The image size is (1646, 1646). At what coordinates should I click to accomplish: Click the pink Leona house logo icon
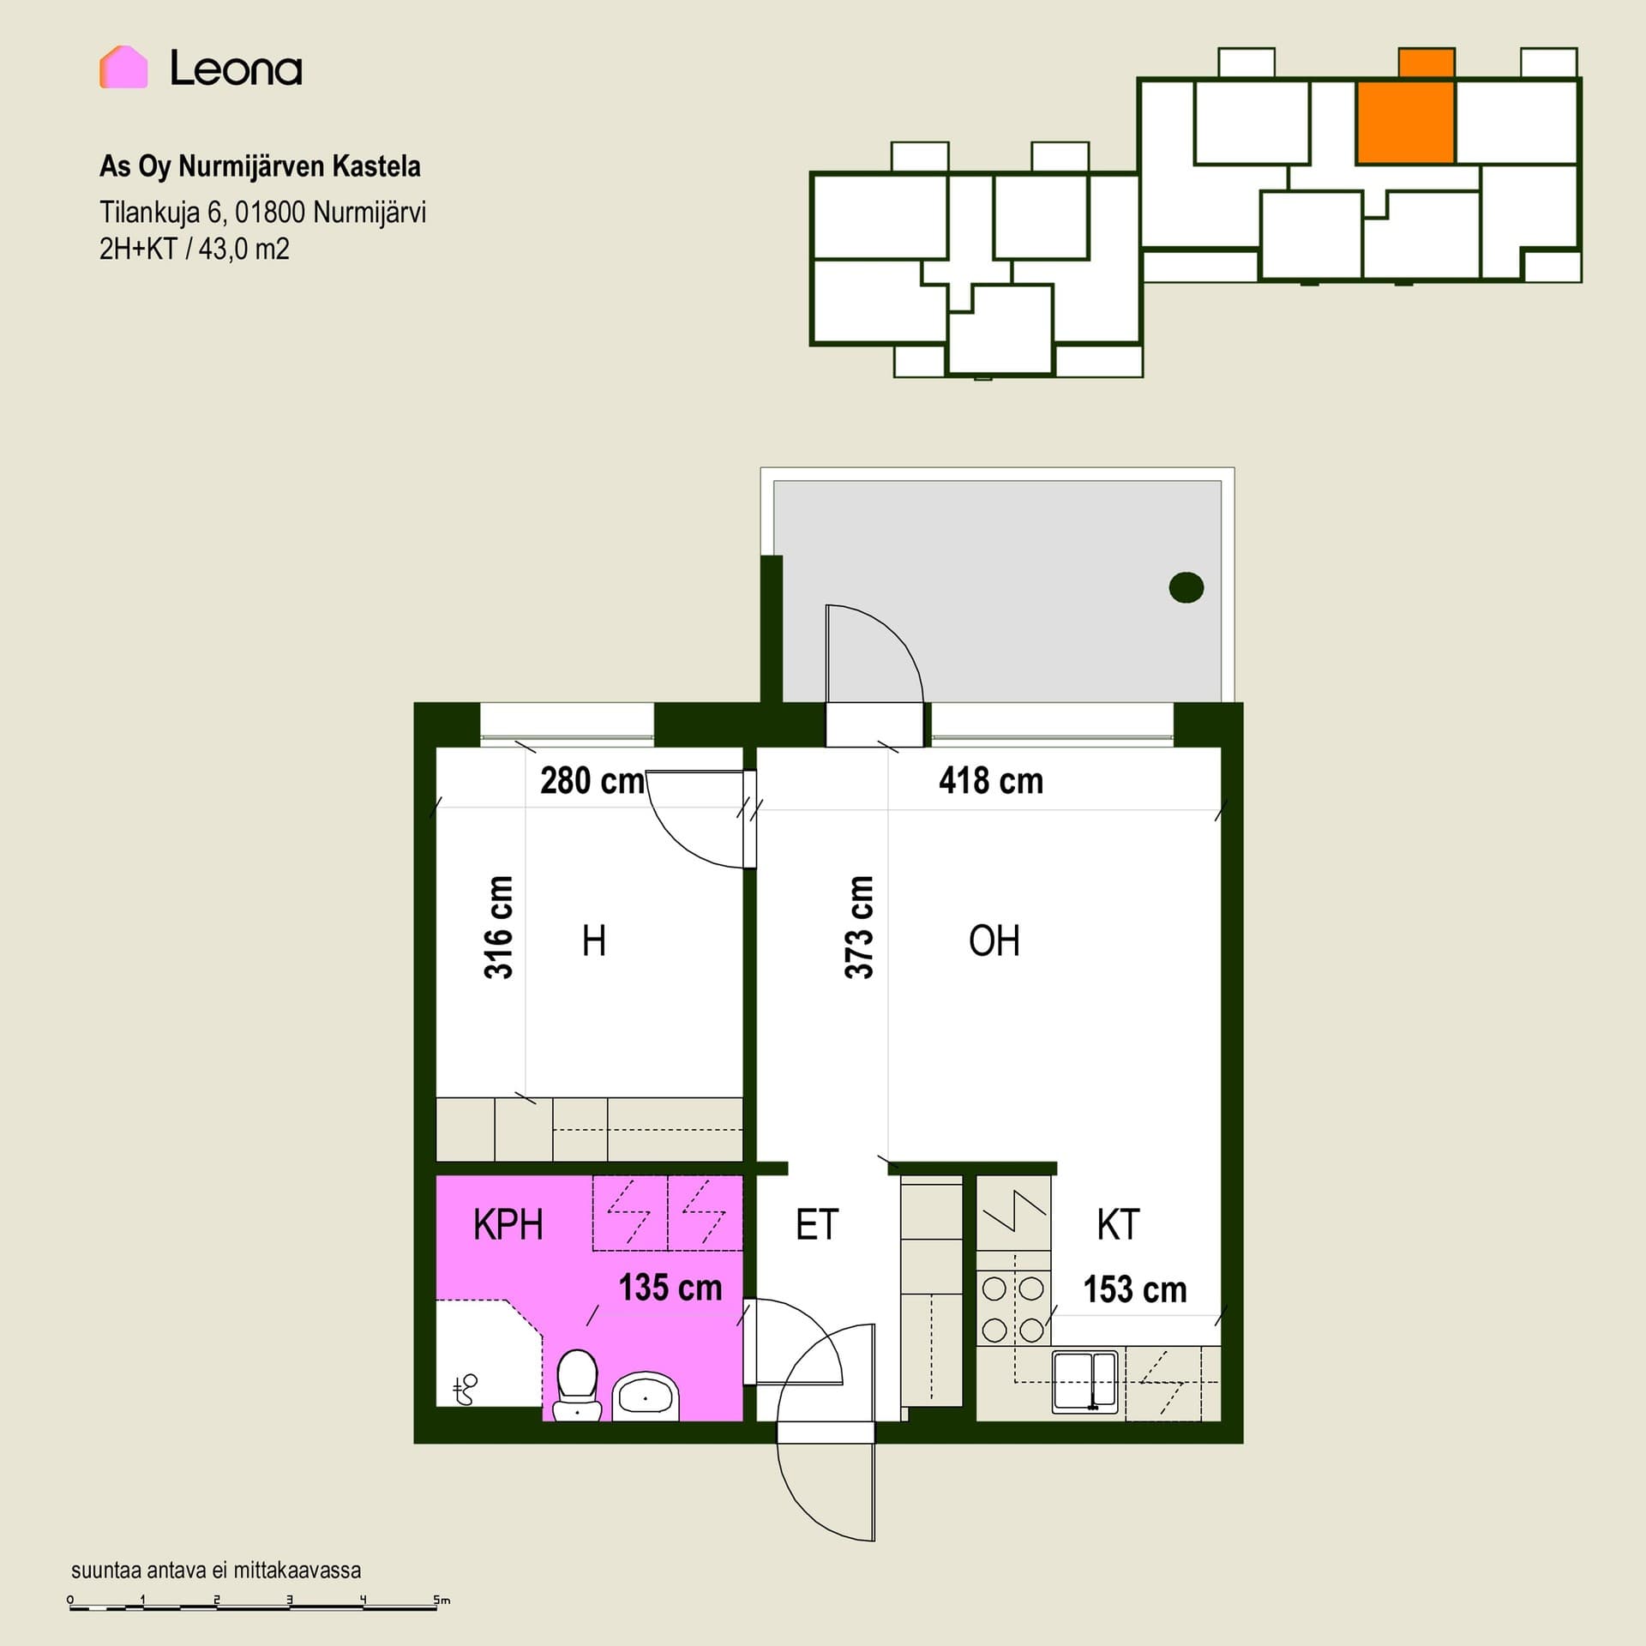123,67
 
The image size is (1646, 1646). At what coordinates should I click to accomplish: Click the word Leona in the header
236,68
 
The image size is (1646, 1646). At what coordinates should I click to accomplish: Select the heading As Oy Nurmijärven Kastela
260,166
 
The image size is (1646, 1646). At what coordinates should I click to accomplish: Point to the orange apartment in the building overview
1405,121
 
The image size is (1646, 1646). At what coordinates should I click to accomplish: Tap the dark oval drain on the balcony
1186,587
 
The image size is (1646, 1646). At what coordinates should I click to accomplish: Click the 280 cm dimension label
592,781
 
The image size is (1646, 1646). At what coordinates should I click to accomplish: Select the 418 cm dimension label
991,781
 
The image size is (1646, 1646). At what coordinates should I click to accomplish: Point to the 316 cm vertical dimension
499,927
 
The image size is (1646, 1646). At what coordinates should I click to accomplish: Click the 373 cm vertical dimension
859,927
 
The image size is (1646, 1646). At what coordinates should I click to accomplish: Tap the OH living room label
994,940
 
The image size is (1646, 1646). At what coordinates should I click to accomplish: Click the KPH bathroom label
508,1224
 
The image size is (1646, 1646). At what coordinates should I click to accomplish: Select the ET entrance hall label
817,1224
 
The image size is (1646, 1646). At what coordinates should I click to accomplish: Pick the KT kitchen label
1118,1224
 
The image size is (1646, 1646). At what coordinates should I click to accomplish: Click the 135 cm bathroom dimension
670,1288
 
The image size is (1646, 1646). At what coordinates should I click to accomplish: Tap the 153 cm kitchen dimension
1135,1289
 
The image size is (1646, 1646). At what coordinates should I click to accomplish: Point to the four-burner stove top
1013,1308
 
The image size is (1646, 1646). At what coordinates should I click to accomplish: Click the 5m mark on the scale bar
441,1600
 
